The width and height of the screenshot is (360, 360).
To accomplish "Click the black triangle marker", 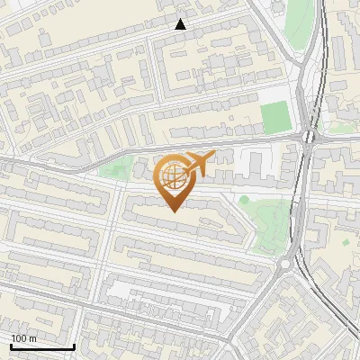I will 180,24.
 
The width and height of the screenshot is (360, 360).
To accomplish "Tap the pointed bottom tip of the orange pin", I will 172,211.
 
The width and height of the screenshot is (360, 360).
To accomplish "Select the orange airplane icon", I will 200,163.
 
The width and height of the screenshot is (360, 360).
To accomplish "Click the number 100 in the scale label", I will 19,338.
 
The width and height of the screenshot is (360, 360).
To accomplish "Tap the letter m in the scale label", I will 32,338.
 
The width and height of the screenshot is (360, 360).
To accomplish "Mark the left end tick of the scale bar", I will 11,345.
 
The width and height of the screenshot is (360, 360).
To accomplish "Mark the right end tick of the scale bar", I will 74,345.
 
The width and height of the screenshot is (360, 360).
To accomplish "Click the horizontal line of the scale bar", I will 42,346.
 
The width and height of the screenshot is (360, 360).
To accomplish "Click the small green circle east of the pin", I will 244,200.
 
